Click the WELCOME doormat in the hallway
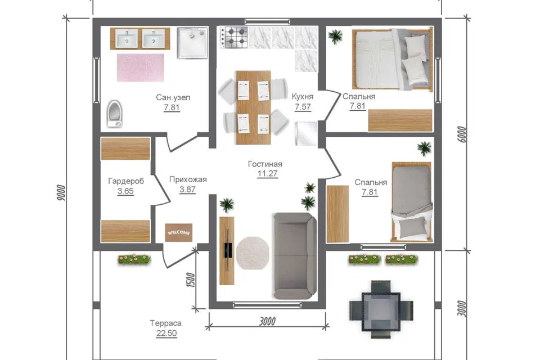click(178, 233)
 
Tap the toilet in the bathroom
click(114, 113)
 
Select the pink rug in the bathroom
click(141, 67)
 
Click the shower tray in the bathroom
click(192, 43)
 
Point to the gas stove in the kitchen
click(234, 38)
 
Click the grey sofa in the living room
click(294, 255)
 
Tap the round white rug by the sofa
click(253, 253)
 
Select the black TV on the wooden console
click(228, 250)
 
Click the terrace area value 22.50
click(166, 333)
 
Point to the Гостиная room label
click(265, 164)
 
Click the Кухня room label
click(303, 96)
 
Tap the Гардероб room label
click(125, 181)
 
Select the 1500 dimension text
click(190, 280)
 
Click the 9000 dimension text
click(61, 192)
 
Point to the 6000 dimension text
click(462, 134)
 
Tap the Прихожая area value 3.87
click(187, 189)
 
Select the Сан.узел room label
click(173, 97)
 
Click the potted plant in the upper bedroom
click(335, 36)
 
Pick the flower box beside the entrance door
click(134, 259)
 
